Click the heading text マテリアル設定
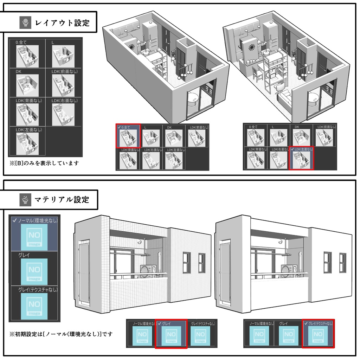coord(62,200)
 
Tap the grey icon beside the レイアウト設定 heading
coord(25,23)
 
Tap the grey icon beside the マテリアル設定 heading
coord(25,200)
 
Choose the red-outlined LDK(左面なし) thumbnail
coord(301,158)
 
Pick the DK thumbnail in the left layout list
coord(27,83)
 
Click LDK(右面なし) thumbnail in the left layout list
coord(63,112)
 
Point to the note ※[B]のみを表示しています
coord(44,163)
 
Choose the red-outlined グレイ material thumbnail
coord(171,334)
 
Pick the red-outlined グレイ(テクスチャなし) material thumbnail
coord(318,334)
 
